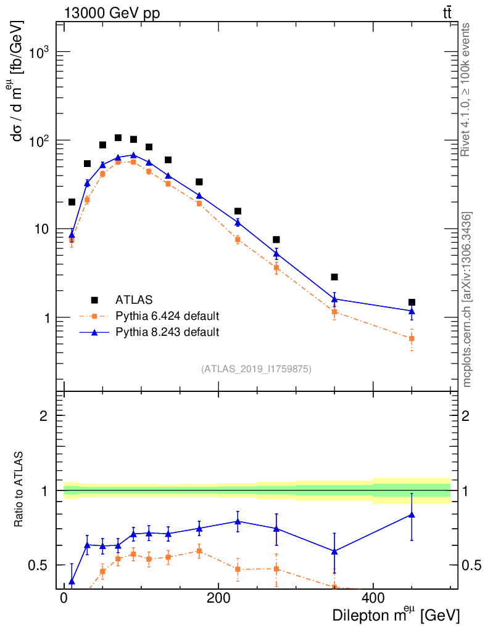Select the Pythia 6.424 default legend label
167,317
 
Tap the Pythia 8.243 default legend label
167,332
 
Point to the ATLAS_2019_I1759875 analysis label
256,369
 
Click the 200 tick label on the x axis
218,597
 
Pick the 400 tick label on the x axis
373,597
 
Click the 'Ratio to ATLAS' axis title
20,491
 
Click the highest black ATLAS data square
118,137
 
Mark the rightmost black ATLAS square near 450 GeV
412,303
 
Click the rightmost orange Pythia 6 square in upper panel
412,338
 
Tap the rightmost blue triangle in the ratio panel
412,515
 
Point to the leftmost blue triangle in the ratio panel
72,582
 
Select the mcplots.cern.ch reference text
467,299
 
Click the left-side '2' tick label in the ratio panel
44,416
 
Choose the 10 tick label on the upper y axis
39,229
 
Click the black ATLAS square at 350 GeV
334,277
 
